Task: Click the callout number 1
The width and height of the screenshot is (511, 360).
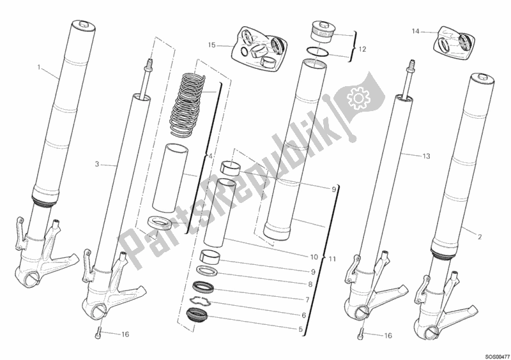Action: click(x=39, y=67)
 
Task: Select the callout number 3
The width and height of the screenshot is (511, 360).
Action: click(x=96, y=165)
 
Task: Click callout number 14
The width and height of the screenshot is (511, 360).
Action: click(x=415, y=31)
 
